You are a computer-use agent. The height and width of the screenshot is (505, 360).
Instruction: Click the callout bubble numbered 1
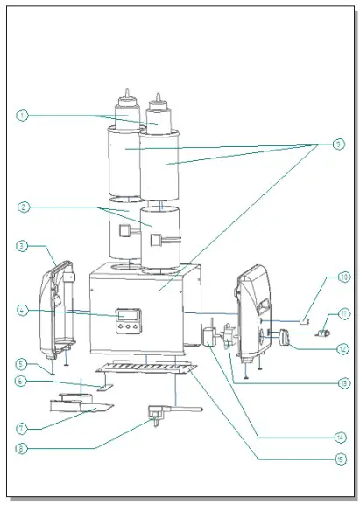click(24, 115)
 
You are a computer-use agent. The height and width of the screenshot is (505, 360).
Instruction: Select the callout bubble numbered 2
click(24, 207)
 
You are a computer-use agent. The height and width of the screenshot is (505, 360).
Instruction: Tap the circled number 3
click(24, 247)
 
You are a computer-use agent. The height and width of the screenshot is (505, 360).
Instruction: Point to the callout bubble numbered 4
click(24, 309)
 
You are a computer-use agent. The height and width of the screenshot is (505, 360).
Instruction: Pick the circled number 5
click(24, 363)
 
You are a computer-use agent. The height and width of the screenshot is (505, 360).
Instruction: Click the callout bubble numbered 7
click(24, 429)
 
